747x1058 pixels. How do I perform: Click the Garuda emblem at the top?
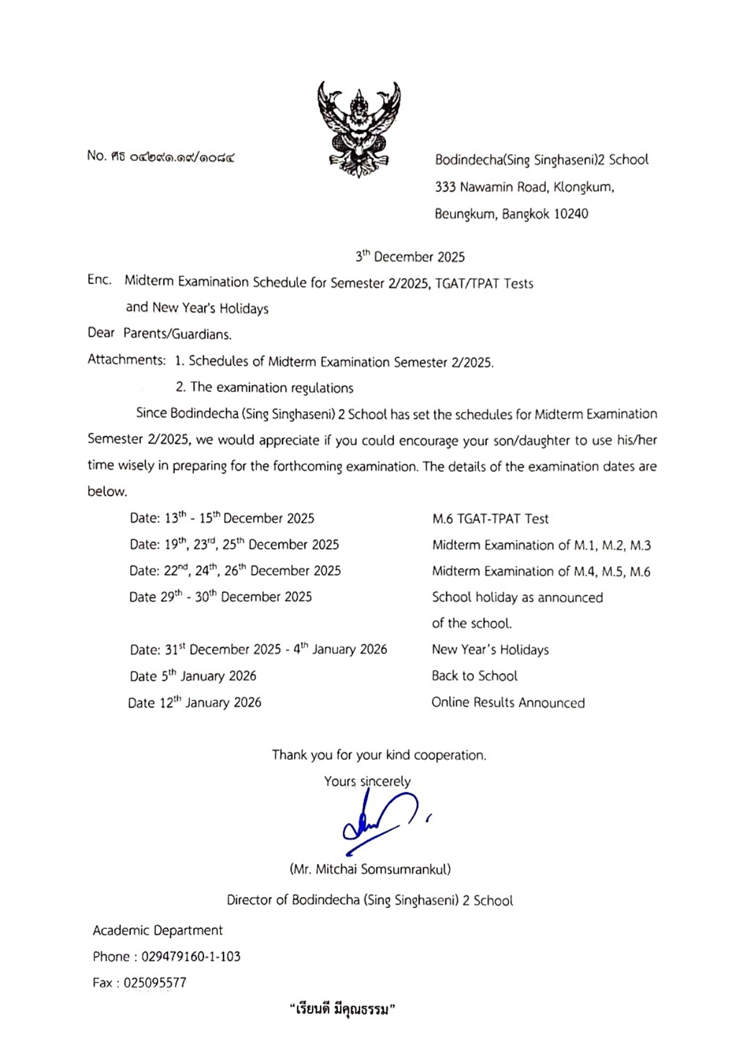(359, 129)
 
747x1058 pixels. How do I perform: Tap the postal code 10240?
(570, 214)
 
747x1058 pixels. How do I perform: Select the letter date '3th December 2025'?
(410, 257)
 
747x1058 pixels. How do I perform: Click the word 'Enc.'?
(99, 280)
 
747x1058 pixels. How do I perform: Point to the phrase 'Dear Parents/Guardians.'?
(159, 333)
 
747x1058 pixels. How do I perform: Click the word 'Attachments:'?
(127, 360)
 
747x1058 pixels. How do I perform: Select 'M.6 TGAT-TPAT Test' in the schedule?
(490, 518)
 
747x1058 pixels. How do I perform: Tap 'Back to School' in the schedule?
(474, 676)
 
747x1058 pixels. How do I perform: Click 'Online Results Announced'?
(508, 702)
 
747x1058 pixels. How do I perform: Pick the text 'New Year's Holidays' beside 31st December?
(490, 650)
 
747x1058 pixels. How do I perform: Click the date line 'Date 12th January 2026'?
(195, 702)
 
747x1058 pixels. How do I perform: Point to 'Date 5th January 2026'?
(193, 676)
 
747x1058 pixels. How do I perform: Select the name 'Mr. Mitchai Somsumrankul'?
(370, 869)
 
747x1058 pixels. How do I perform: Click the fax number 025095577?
(155, 983)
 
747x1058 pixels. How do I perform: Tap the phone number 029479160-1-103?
(190, 956)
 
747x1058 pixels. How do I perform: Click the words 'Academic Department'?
(157, 930)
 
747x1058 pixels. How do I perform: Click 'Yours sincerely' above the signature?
(367, 781)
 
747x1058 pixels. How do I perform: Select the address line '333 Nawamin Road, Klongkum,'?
(524, 187)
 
